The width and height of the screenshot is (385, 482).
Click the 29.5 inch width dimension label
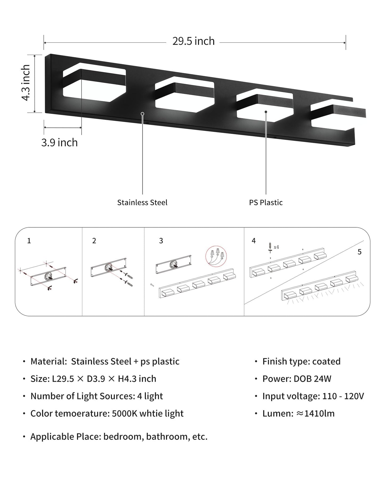[193, 41]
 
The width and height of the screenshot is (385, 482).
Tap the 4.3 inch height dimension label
[26, 82]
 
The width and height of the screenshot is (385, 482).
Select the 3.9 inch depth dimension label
[59, 143]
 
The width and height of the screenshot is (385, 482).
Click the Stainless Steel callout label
[142, 202]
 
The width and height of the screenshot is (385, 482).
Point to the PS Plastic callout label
[266, 202]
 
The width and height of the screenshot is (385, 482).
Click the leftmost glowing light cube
[94, 83]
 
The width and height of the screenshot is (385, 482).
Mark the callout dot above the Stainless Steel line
[143, 114]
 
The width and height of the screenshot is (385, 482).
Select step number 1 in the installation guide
[29, 241]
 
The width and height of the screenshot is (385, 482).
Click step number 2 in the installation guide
[94, 241]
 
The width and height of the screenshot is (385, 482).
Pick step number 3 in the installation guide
[161, 241]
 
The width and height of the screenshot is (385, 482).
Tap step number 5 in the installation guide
[359, 252]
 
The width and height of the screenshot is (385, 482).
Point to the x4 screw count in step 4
[276, 247]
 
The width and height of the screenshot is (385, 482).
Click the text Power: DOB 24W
[297, 379]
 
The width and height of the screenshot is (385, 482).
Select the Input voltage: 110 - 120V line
[313, 396]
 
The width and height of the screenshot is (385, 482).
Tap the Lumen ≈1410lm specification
[298, 413]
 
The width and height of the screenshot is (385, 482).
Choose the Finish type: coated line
[301, 361]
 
